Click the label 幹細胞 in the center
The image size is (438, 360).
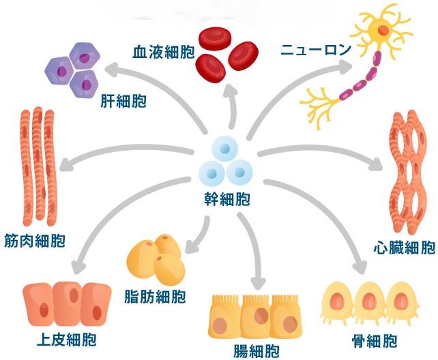[225, 200]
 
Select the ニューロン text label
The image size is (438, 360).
[317, 50]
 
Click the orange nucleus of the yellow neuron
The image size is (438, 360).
[383, 31]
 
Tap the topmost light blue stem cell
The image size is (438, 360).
[224, 149]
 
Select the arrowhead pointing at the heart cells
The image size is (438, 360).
[376, 164]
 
